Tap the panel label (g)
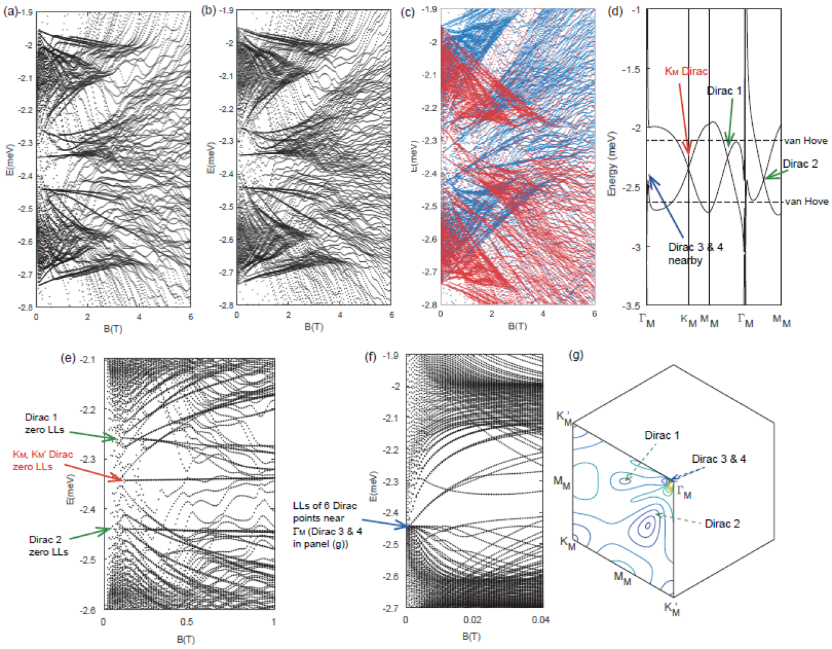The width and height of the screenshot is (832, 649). (576, 355)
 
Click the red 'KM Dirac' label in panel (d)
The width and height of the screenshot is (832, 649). (686, 71)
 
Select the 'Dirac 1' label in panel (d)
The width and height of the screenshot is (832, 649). (725, 91)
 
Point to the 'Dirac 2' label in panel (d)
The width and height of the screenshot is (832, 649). (800, 164)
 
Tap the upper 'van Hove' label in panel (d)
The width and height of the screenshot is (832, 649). (806, 141)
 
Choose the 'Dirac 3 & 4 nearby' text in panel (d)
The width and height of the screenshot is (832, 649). (695, 253)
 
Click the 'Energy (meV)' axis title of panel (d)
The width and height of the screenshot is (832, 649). (612, 163)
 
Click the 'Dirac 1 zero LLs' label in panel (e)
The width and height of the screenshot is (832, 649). (44, 423)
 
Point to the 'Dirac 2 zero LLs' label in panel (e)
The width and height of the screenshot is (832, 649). (49, 546)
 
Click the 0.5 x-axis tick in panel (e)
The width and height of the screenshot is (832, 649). (187, 621)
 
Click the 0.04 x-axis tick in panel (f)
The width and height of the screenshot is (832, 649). (540, 619)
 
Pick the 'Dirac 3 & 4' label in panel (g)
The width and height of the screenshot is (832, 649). (719, 459)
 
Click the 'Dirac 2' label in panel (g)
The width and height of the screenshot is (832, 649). (722, 524)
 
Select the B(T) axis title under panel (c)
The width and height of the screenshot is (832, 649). (517, 326)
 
